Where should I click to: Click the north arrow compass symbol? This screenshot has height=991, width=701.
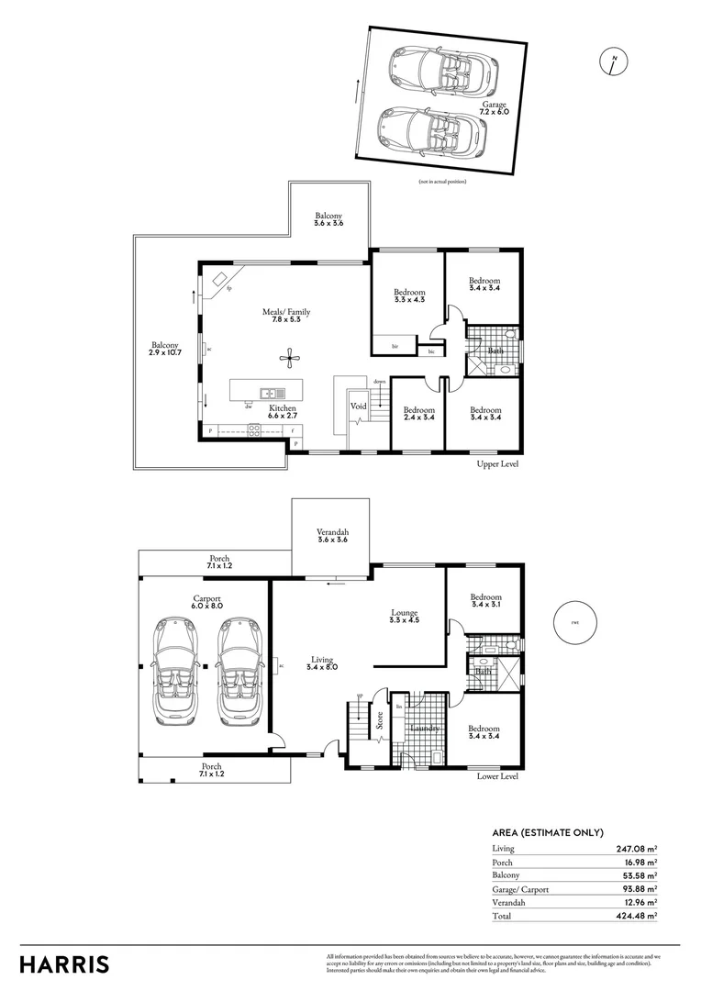(x=614, y=62)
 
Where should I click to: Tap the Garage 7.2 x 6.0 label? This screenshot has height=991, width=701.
(x=495, y=109)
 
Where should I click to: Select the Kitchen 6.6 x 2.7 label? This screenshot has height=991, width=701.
(x=282, y=411)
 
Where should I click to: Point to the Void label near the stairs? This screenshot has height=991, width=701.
(x=358, y=405)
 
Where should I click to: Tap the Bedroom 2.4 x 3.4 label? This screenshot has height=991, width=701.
(x=417, y=414)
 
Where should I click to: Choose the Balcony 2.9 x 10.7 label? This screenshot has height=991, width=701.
(x=165, y=348)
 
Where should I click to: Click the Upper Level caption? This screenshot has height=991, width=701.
(x=497, y=464)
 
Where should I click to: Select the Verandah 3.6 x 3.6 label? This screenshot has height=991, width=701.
(x=332, y=536)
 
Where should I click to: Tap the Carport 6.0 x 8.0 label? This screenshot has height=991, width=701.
(x=205, y=601)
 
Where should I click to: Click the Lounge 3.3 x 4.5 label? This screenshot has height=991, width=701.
(x=404, y=617)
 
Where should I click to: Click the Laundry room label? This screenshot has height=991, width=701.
(x=425, y=729)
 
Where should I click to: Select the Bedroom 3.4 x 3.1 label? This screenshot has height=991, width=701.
(x=485, y=601)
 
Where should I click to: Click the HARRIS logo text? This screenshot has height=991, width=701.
(x=64, y=964)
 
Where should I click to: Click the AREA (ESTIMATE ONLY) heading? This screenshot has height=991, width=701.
(x=548, y=832)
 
